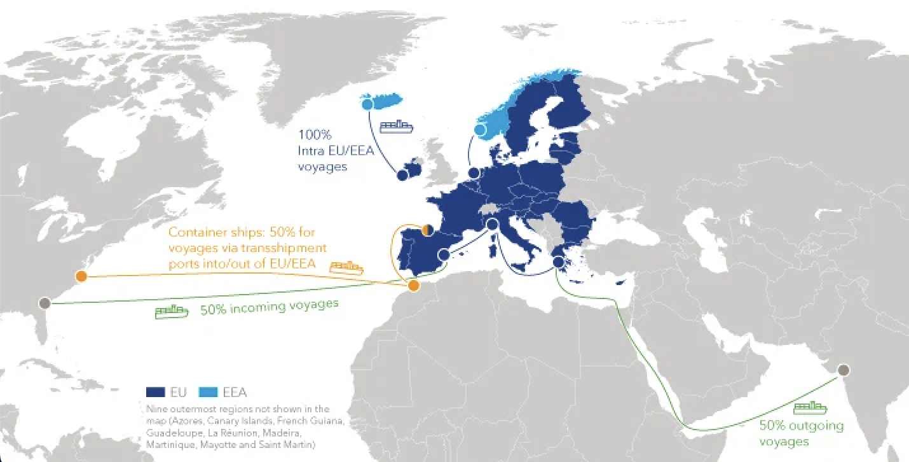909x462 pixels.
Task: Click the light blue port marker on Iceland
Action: click(x=367, y=103)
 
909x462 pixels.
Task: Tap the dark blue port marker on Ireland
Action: click(x=402, y=175)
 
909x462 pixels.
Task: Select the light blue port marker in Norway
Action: click(x=481, y=130)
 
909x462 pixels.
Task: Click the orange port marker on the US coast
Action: click(x=81, y=276)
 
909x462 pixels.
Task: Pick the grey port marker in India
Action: click(x=844, y=370)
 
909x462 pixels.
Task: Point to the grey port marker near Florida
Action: click(x=44, y=302)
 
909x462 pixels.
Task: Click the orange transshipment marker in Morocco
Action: click(x=414, y=285)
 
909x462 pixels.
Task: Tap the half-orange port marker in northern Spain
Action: click(x=428, y=230)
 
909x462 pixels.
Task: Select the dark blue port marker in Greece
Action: click(x=558, y=262)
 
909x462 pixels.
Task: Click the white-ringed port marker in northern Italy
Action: click(x=491, y=223)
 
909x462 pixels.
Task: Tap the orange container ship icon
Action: click(x=346, y=267)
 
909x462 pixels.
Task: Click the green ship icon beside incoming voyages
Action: click(x=172, y=311)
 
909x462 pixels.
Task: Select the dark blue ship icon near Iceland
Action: click(x=396, y=126)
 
